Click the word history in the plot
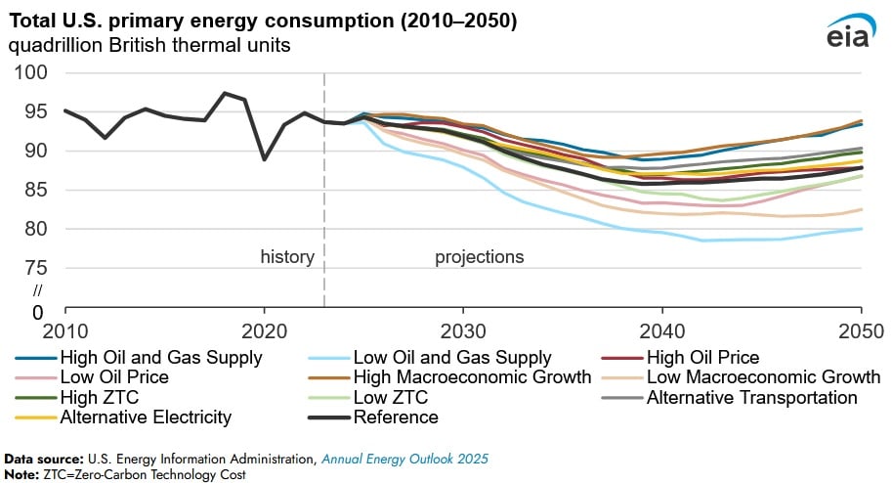286,257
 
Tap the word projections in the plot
479,257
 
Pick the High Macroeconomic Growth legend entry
472,376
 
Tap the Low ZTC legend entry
391,397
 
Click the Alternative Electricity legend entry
145,417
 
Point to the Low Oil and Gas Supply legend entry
451,357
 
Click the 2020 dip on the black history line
264,158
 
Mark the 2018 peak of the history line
224,94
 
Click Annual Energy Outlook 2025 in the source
406,458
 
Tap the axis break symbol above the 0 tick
38,290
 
